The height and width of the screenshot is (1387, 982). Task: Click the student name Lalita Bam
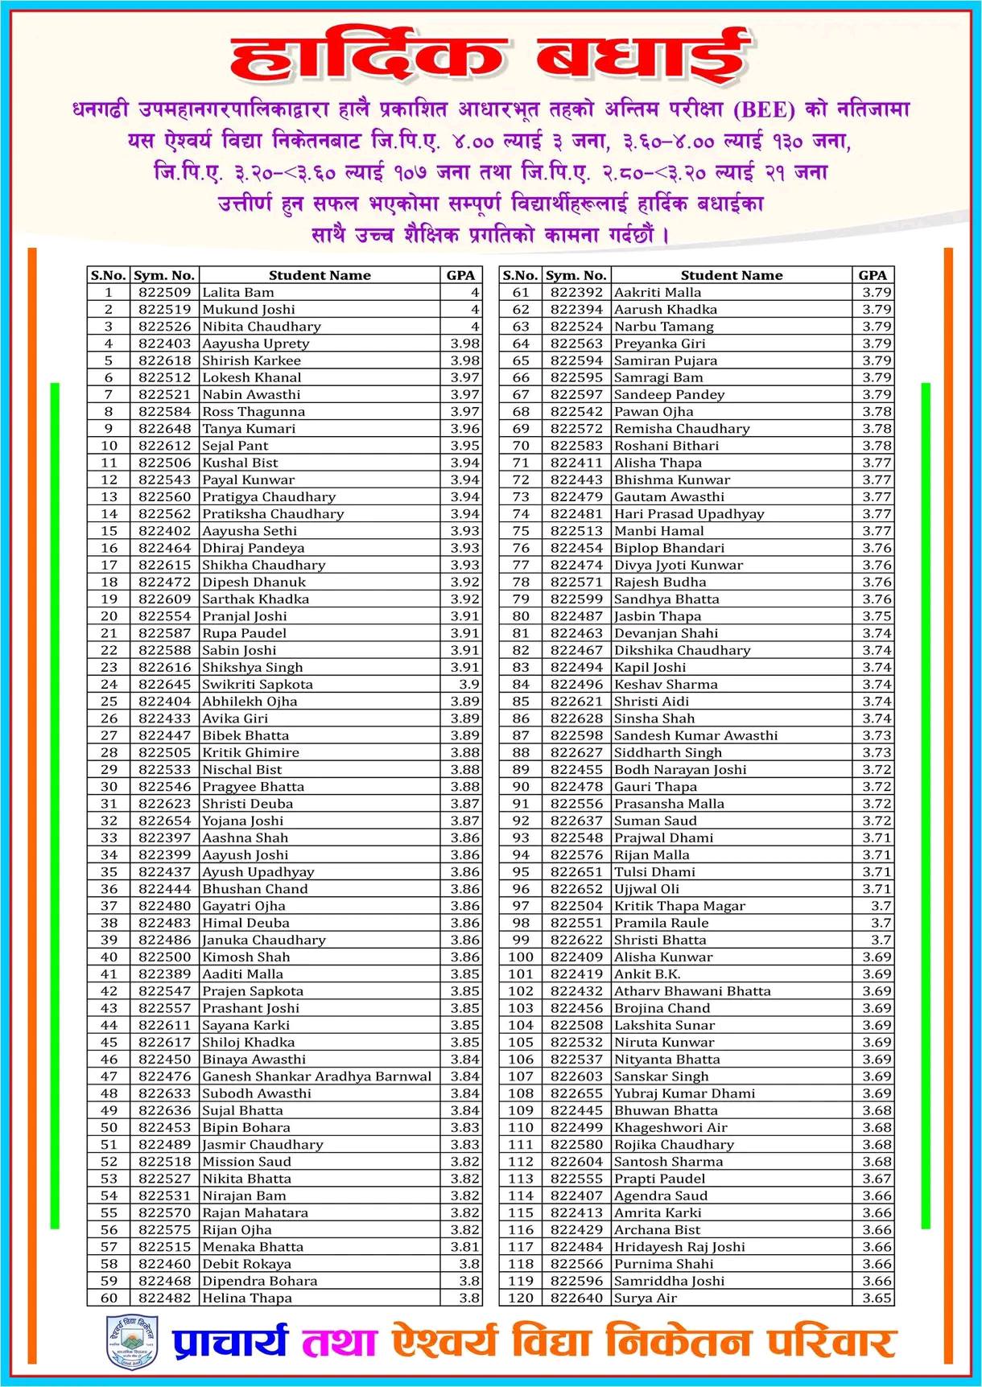coord(238,293)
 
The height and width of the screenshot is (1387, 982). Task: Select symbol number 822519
coord(165,310)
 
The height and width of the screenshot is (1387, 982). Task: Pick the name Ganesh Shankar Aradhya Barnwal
coord(317,1076)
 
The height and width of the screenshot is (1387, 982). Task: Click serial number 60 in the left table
coord(109,1298)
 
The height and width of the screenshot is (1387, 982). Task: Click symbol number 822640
coord(576,1298)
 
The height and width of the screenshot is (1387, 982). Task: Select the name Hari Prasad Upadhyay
coord(689,514)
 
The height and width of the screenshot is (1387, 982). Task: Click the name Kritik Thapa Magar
coord(680,906)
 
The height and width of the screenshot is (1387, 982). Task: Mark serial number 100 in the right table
coord(521,957)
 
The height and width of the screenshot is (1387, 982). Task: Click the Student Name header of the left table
coord(320,275)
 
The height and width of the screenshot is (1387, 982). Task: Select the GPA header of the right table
coord(873,275)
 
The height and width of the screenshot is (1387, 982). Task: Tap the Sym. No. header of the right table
coord(576,275)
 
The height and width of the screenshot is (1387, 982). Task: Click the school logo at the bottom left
coord(132,1341)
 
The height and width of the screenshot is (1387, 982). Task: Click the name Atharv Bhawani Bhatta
coord(692,991)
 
